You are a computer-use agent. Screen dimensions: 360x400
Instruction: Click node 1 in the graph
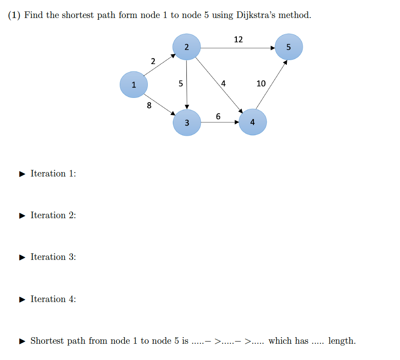point(134,85)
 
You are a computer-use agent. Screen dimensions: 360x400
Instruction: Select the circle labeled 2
point(187,47)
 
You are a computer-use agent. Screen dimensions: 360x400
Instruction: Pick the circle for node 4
point(253,122)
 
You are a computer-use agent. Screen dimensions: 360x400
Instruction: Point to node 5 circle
point(289,47)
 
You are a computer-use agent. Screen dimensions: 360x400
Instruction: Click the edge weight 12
point(238,40)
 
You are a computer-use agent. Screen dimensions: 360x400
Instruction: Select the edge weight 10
point(261,83)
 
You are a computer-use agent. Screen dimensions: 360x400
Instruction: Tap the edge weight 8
point(149,105)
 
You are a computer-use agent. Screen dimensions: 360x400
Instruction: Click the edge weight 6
point(218,116)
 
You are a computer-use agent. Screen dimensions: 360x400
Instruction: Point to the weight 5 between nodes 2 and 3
point(181,83)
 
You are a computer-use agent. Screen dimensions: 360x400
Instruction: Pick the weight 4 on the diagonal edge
point(223,83)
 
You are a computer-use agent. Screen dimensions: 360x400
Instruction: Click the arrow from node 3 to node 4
point(220,122)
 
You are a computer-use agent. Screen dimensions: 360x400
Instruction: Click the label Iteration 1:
point(53,173)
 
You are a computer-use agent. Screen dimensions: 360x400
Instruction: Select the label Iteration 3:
point(53,257)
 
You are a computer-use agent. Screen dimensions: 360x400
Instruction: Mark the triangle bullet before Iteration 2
point(23,216)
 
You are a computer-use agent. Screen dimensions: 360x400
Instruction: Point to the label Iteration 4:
point(53,299)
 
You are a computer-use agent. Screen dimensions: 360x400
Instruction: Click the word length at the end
point(342,341)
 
